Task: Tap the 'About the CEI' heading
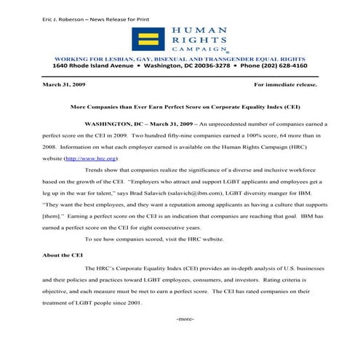62,256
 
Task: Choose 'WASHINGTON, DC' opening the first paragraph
112,124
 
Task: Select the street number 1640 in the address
63,65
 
